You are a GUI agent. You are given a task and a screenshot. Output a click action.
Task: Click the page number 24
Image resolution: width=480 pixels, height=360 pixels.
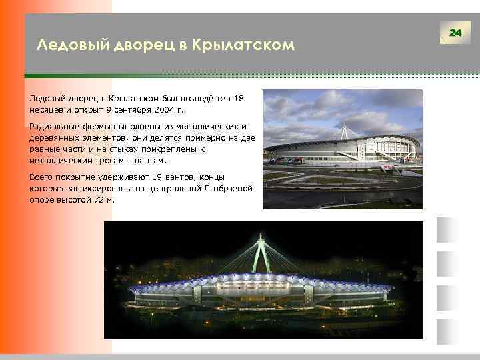pyautogui.click(x=456, y=32)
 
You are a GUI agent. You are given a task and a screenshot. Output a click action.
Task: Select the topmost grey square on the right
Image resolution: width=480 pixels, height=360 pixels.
pyautogui.click(x=445, y=230)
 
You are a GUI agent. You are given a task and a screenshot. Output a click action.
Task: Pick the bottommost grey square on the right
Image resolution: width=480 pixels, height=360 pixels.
pyautogui.click(x=445, y=332)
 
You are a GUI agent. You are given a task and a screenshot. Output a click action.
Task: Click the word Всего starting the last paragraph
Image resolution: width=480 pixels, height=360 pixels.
pyautogui.click(x=41, y=177)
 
